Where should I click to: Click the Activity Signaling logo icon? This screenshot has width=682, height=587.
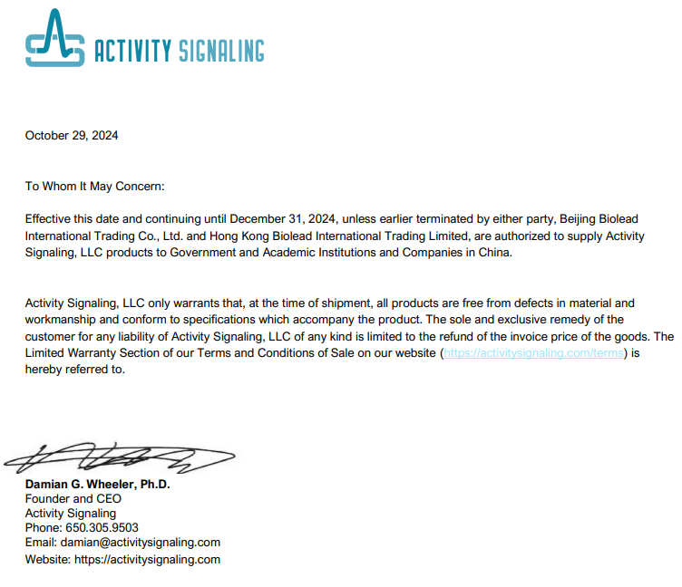[x=54, y=40]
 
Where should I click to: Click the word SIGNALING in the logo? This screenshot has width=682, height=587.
[x=219, y=51]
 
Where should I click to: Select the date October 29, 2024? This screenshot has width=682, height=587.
[x=72, y=136]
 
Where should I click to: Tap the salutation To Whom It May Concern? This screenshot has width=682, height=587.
[x=95, y=186]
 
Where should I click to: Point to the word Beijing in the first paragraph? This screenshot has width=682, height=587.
[x=580, y=219]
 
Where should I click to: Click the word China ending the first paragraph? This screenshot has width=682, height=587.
[x=495, y=253]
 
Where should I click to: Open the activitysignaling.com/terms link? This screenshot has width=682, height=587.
[x=533, y=353]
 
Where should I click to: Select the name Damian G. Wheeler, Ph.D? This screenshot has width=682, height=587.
[x=98, y=485]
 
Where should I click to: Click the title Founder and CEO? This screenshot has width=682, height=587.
[x=73, y=499]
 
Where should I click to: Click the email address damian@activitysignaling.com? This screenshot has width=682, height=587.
[x=141, y=543]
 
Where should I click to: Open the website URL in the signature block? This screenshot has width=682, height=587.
[x=147, y=560]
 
